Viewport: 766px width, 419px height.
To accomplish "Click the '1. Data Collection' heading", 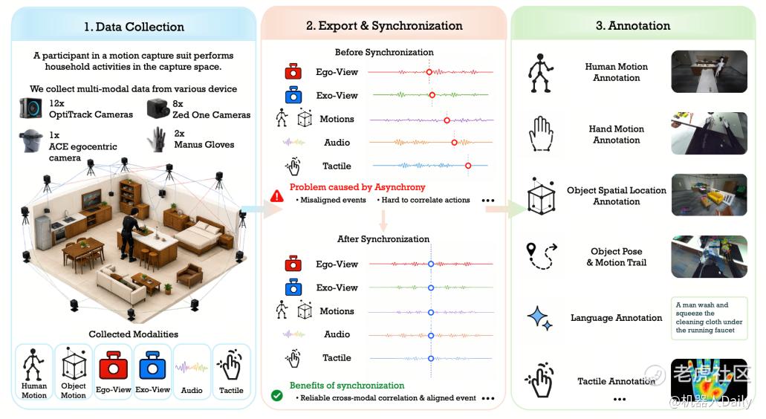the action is [x=134, y=27].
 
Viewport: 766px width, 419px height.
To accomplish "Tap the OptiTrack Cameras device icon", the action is [x=30, y=108].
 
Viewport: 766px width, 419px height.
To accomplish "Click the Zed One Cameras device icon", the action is [x=158, y=108].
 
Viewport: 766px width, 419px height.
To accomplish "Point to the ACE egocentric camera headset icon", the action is [x=31, y=141].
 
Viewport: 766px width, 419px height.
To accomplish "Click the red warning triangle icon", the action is [x=277, y=196].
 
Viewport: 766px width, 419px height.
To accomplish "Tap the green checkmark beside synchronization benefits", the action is [x=277, y=395].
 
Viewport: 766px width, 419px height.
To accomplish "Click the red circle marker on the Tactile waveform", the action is [x=468, y=166].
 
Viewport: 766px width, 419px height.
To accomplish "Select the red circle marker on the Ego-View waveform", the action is [x=429, y=72].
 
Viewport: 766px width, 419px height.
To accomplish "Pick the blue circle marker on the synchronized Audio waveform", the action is [x=431, y=336].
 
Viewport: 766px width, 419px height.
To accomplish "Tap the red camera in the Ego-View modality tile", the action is [x=114, y=366].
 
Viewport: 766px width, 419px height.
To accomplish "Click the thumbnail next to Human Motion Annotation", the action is [x=709, y=71].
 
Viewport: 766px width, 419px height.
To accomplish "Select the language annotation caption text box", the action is [x=709, y=317].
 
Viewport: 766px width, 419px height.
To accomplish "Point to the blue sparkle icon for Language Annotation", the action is [x=539, y=317].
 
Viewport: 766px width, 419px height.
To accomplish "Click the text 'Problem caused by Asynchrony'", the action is [x=357, y=187].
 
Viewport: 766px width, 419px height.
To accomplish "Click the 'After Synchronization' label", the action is [x=383, y=238].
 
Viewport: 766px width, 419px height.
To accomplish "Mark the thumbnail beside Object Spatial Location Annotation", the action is [x=709, y=195].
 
